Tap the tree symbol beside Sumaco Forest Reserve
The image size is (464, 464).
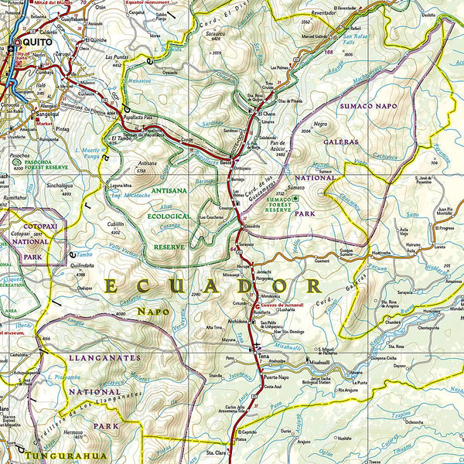[x=294, y=199]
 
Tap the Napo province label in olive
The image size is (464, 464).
[x=152, y=312]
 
